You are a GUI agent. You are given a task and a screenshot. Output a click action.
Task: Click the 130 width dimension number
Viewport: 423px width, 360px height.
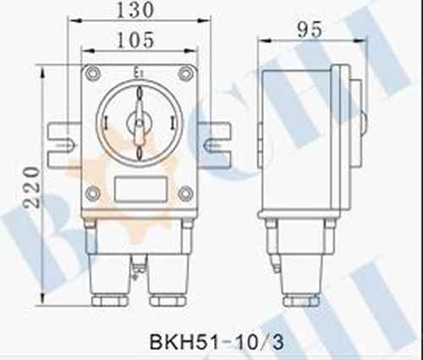(x=135, y=10)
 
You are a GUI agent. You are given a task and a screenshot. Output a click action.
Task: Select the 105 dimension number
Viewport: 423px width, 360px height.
(x=135, y=40)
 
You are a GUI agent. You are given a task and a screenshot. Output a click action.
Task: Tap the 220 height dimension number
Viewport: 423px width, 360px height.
(x=31, y=188)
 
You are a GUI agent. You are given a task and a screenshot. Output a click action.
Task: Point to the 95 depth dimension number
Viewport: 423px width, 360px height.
(x=310, y=30)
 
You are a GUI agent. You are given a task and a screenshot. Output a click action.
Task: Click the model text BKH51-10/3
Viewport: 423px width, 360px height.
(x=217, y=342)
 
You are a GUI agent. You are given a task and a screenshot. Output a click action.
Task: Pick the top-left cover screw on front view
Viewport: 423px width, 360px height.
(x=93, y=74)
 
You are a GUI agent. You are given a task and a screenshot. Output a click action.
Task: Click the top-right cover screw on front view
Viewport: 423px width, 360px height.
(x=185, y=74)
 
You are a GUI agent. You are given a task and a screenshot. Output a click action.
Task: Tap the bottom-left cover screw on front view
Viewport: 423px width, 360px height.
(x=92, y=194)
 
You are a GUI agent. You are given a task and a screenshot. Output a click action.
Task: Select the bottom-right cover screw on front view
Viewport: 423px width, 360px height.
(x=185, y=194)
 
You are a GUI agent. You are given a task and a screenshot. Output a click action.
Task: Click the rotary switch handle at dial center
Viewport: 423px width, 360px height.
(x=139, y=123)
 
